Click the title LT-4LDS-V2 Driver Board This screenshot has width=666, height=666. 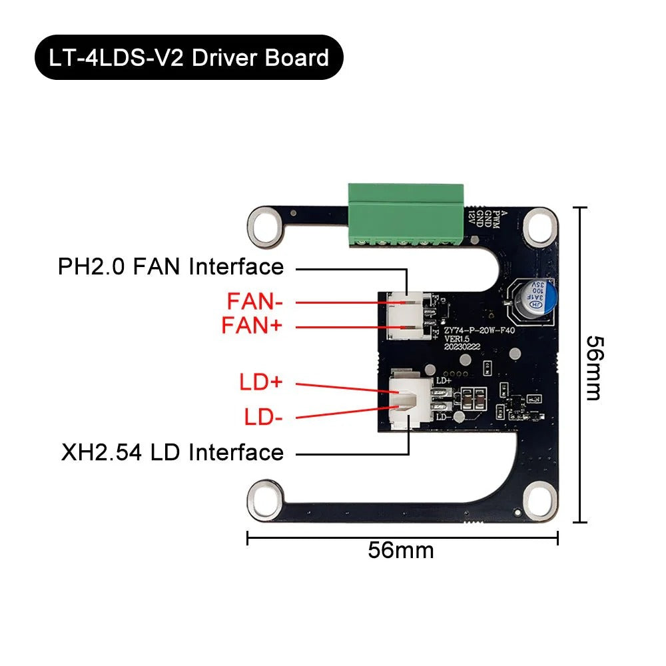point(189,57)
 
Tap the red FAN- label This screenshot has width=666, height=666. point(255,301)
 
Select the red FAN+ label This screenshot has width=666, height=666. point(252,326)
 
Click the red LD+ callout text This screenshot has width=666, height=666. point(261,383)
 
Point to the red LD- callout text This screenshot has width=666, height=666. point(263,418)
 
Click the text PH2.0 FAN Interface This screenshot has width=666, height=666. point(170,267)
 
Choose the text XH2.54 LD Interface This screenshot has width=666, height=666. point(172,453)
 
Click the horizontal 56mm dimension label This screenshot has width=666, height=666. point(401,551)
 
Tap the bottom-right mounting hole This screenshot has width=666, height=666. point(539,497)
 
